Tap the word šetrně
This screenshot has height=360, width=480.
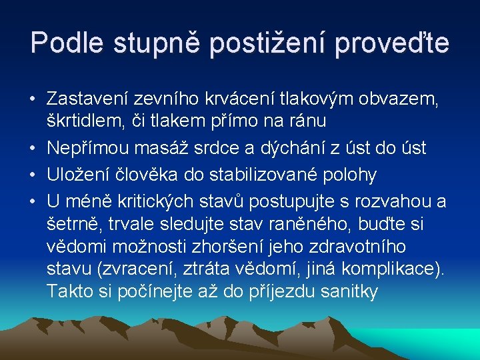(x=72, y=224)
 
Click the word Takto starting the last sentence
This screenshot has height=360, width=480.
(x=69, y=291)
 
